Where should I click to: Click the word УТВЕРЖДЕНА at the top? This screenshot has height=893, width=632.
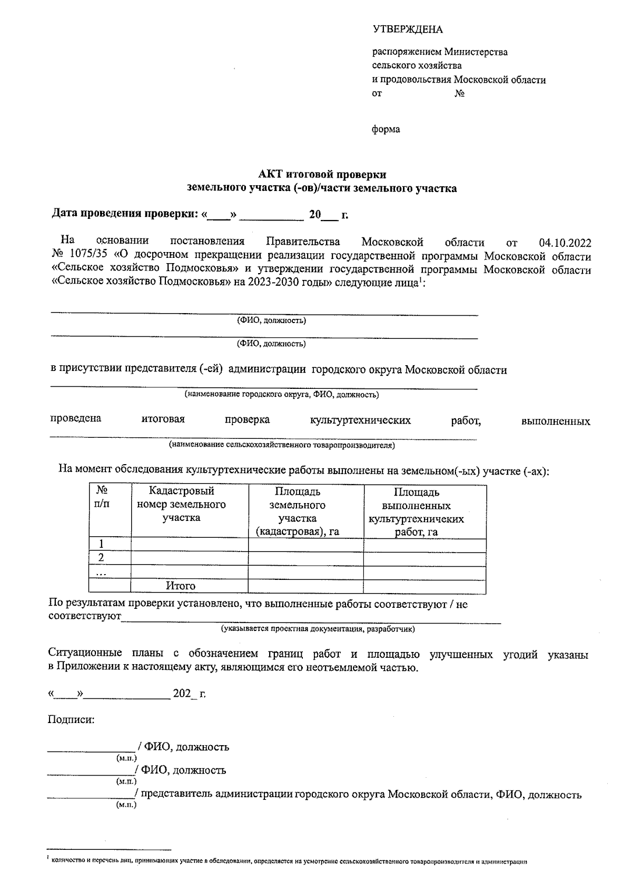point(408,29)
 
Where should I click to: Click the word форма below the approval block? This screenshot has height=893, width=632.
point(386,129)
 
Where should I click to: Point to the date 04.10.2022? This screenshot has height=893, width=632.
point(565,243)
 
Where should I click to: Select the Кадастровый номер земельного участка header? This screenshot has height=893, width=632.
point(181,505)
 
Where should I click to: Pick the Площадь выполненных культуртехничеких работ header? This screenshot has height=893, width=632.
point(416,512)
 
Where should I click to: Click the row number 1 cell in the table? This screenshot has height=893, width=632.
point(102,544)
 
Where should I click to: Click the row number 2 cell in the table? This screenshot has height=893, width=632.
point(102,558)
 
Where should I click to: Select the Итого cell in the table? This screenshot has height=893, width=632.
point(181,586)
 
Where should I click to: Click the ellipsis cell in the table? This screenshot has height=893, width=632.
point(102,573)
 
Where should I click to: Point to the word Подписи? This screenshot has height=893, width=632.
point(72,719)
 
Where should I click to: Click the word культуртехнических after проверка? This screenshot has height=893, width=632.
point(360,420)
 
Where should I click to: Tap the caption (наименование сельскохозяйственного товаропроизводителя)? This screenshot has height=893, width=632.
point(281,445)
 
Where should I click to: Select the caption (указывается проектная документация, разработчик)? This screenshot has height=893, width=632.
point(318,628)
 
